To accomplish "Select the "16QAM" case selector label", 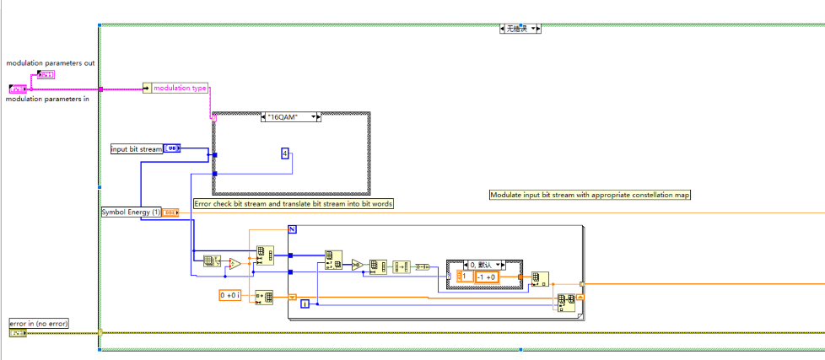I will [x=292, y=117].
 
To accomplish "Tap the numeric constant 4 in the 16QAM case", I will [x=285, y=153].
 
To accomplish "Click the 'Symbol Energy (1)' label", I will [x=130, y=212].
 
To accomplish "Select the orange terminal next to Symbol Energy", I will [x=169, y=212].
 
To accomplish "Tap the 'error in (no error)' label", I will [x=39, y=323].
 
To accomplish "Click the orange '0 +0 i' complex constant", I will [x=230, y=295].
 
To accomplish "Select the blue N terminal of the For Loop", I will [x=293, y=229].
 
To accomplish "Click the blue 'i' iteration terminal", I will [x=305, y=304].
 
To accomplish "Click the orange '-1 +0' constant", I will [x=486, y=277].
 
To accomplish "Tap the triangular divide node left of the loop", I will [x=235, y=264].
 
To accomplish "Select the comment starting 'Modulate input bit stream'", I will [x=590, y=195].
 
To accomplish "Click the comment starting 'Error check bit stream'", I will [x=293, y=203].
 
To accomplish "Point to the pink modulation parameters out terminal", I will [x=46, y=75].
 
